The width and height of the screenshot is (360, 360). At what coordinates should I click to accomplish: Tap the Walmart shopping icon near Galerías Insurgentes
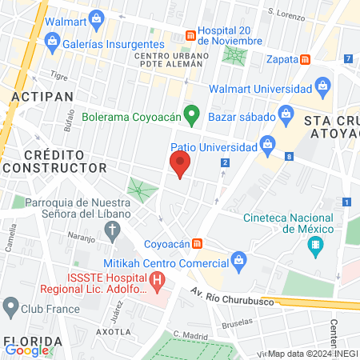coord(96,17)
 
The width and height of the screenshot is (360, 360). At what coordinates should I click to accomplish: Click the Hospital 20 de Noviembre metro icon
coord(190,35)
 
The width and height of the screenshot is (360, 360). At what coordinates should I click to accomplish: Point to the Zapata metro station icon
coord(306,59)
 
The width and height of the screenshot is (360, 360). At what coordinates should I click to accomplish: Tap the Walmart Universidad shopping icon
coord(322,85)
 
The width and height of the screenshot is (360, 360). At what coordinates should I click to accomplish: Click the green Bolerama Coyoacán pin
coord(191,115)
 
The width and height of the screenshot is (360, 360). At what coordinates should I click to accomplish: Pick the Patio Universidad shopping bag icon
coord(268,146)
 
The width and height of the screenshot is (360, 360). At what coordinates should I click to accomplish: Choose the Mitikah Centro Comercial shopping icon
coord(238,259)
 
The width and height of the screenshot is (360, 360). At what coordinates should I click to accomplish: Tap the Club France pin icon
coord(11,306)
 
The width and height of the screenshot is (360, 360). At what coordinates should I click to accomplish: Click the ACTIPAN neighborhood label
coord(42,96)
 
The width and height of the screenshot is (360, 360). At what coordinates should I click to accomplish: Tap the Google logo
coord(27,350)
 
